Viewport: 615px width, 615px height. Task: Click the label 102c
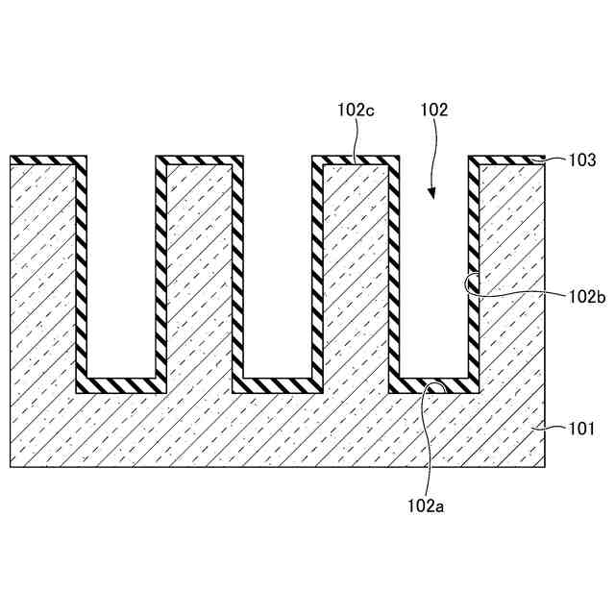[x=356, y=111]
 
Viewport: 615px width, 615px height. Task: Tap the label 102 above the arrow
[x=434, y=111]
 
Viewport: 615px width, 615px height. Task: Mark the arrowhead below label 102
[x=431, y=193]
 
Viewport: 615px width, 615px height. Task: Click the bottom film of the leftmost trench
[x=121, y=385]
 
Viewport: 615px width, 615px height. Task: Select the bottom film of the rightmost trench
[x=434, y=385]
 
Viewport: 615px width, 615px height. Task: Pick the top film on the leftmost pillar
[x=43, y=160]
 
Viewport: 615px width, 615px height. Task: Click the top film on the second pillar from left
[x=199, y=160]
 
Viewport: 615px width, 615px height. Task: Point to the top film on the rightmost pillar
[x=510, y=160]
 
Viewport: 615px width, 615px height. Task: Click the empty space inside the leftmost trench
[x=121, y=269]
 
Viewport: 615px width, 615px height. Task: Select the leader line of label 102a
[x=430, y=442]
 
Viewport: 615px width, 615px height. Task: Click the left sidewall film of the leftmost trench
[x=81, y=269]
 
